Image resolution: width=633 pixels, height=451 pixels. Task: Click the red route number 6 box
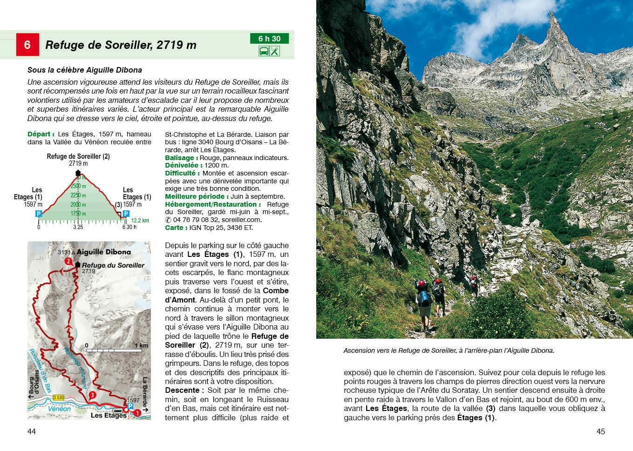point(27,45)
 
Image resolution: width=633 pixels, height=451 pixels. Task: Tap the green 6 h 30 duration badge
point(269,39)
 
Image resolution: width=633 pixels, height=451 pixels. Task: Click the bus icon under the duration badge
point(264,51)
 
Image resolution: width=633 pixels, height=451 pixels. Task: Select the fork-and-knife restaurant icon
point(275,51)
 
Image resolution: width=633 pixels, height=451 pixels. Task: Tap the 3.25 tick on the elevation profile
point(78,227)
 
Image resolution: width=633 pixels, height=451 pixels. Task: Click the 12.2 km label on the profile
point(140,221)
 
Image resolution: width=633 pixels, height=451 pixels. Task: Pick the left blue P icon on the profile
point(39,214)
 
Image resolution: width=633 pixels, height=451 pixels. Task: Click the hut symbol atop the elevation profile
point(78,173)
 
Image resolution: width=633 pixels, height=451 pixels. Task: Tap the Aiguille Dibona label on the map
point(103,252)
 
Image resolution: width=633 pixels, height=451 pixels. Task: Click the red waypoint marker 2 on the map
point(68,262)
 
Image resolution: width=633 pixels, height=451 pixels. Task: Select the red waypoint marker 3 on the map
point(92,395)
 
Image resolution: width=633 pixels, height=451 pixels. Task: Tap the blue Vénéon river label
point(60,409)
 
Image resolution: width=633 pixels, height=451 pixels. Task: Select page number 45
point(600,431)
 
